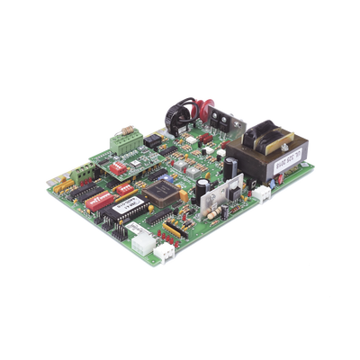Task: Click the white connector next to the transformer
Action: coord(262,193)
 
